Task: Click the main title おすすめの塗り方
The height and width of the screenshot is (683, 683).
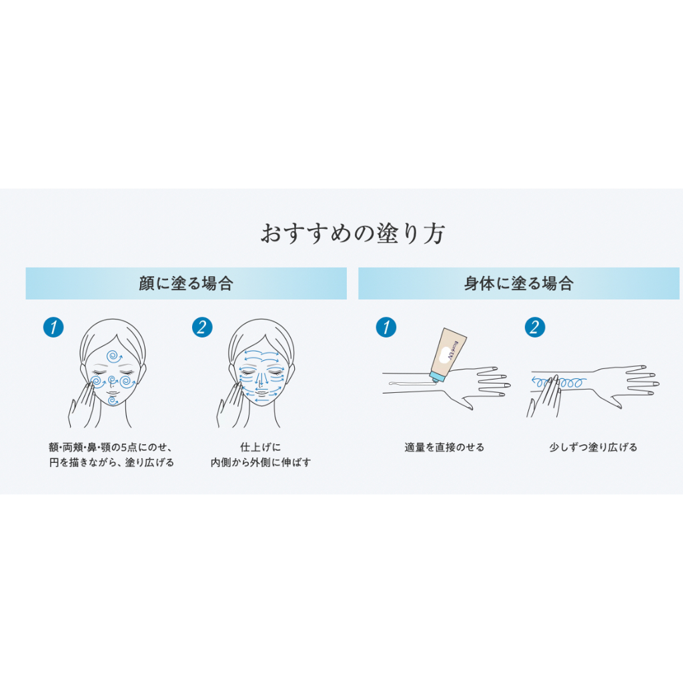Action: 352,233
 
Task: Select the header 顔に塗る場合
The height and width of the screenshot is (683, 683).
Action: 186,283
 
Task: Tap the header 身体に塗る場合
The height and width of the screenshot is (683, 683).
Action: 519,283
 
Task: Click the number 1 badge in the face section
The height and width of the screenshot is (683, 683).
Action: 53,327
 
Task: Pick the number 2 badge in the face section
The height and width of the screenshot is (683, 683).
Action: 202,327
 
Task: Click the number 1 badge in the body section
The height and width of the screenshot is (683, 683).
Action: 386,327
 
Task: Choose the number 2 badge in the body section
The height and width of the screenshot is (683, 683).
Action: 535,327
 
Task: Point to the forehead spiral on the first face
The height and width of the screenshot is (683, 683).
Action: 114,356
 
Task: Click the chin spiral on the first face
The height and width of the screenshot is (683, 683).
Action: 113,400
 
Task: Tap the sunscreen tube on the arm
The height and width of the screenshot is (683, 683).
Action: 448,355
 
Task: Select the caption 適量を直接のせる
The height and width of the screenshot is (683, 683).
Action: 444,448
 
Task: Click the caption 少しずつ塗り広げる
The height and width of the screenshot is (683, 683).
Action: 593,448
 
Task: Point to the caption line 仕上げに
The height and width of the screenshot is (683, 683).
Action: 261,448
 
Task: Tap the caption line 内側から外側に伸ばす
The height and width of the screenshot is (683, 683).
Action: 261,462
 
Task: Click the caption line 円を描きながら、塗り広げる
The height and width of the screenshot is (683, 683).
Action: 111,462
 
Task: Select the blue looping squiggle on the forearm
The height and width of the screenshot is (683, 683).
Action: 559,382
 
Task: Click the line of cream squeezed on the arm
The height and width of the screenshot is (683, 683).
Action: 412,384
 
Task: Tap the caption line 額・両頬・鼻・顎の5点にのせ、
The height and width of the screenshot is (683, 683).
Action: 111,448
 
